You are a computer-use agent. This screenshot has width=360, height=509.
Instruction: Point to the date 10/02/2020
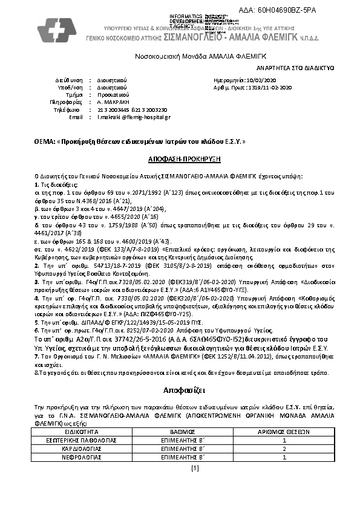[261, 80]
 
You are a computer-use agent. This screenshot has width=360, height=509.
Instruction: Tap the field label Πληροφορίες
[65, 102]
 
